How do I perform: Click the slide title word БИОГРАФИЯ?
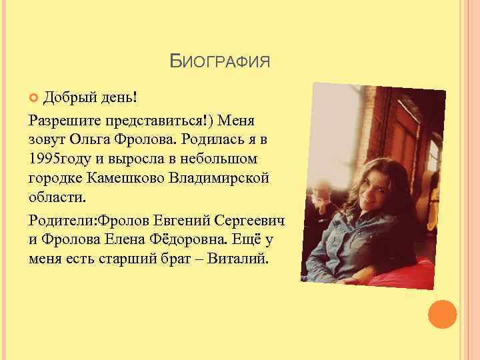[220, 63]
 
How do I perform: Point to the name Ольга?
[86, 142]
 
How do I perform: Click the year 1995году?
[57, 161]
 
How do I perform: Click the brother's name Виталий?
[235, 259]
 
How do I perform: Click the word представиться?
[148, 122]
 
